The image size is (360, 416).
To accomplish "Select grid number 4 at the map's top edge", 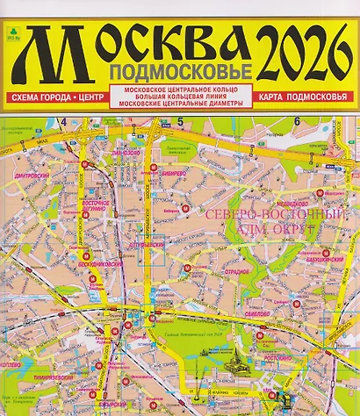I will [x=64, y=121].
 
